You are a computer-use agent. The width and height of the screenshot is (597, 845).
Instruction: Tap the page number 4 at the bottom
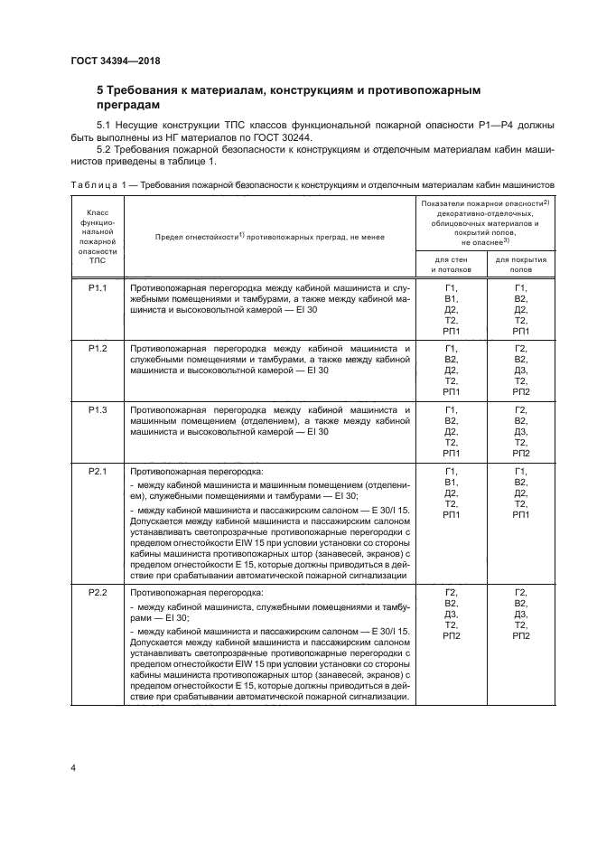click(x=72, y=768)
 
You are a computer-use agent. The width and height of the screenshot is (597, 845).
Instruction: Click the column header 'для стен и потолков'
click(x=451, y=264)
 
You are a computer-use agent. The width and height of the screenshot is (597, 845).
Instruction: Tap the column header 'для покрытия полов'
click(x=520, y=264)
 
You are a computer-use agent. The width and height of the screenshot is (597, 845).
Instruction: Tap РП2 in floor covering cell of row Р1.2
click(x=520, y=392)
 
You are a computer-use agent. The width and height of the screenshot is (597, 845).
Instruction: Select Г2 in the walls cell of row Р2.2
click(x=451, y=592)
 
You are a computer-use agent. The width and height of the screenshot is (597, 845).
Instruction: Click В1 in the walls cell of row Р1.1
click(x=451, y=298)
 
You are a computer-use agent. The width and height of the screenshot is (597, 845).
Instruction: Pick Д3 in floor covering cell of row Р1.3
click(x=520, y=431)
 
